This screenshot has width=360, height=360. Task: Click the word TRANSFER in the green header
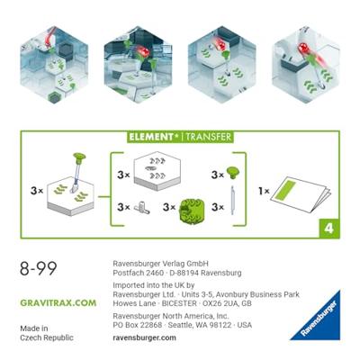click(x=208, y=137)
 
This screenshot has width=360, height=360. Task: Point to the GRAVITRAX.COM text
click(x=58, y=303)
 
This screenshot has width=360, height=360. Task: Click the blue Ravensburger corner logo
click(x=319, y=320)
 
